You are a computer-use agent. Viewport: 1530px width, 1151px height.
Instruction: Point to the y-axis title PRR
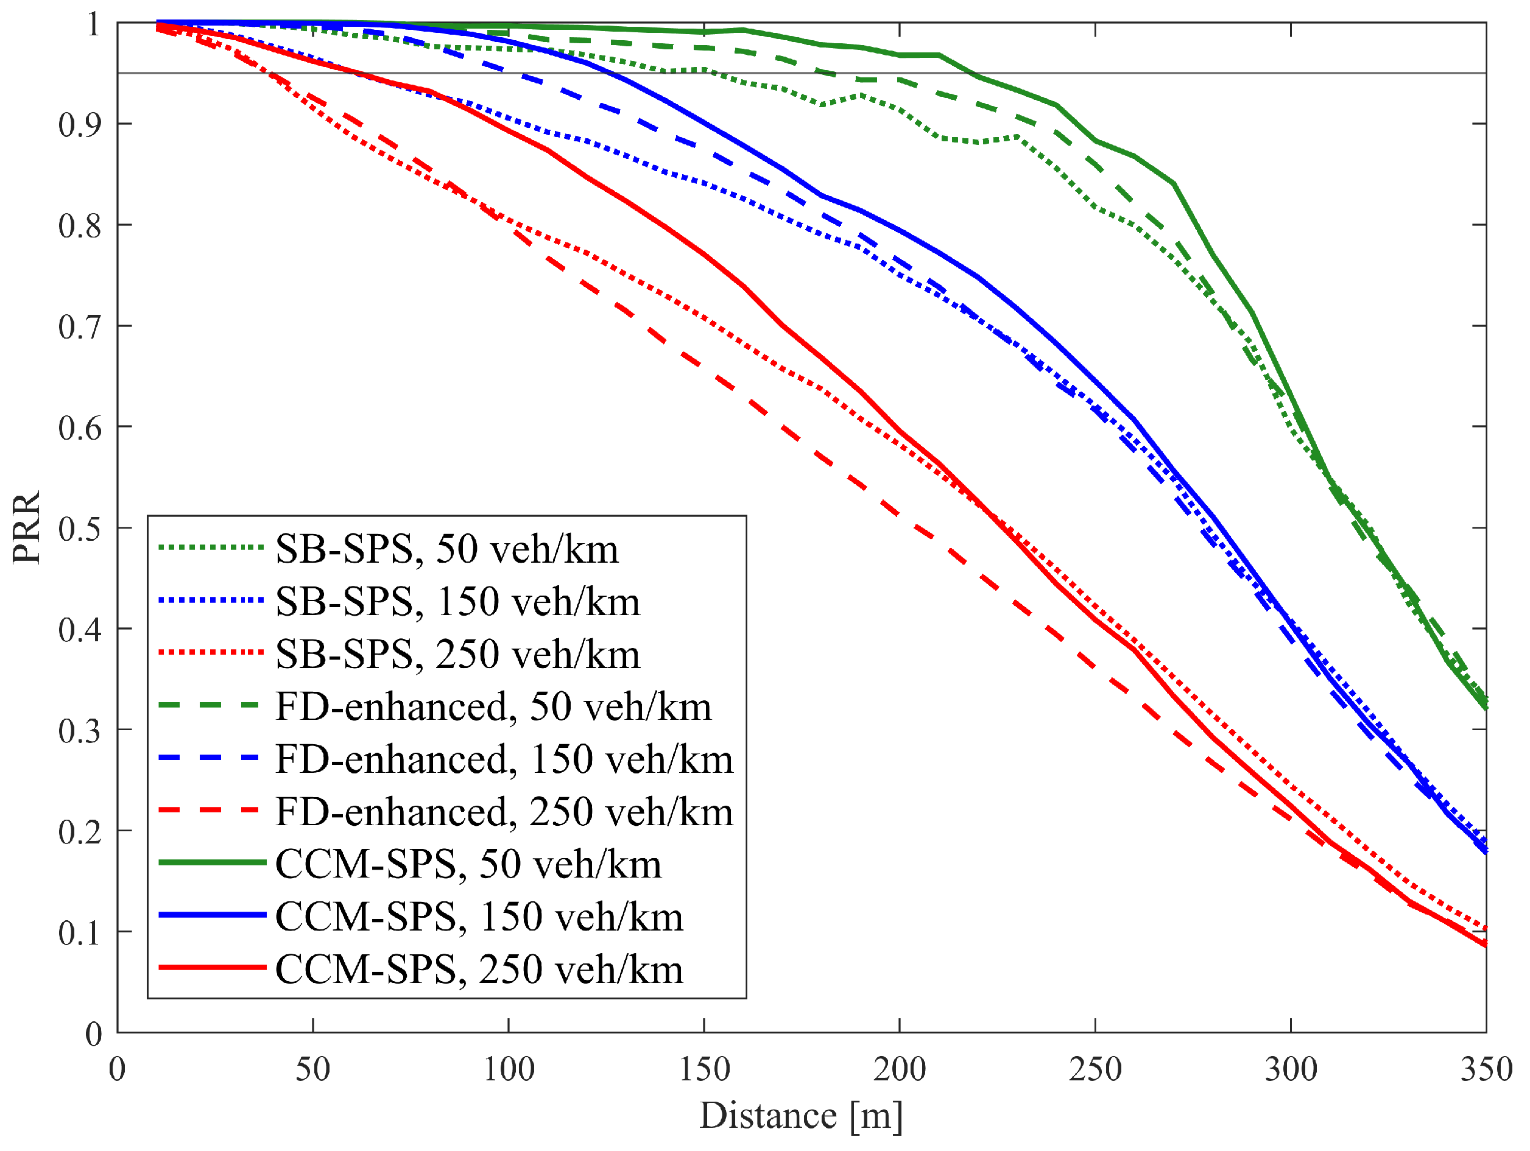pyautogui.click(x=26, y=528)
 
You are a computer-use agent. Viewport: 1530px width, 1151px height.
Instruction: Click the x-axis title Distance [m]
pyautogui.click(x=801, y=1116)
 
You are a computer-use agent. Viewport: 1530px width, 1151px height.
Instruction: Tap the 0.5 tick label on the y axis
pyautogui.click(x=80, y=529)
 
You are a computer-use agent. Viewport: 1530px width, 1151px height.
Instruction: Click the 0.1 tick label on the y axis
pyautogui.click(x=80, y=933)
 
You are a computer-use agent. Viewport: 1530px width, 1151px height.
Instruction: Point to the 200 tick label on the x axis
pyautogui.click(x=899, y=1070)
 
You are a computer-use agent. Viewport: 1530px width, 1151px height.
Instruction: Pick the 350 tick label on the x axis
pyautogui.click(x=1486, y=1070)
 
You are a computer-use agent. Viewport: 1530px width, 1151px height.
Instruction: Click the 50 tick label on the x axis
pyautogui.click(x=312, y=1070)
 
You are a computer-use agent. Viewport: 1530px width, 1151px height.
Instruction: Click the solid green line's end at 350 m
pyautogui.click(x=1484, y=706)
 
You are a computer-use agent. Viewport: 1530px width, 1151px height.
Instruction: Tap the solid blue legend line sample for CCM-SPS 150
pyautogui.click(x=213, y=915)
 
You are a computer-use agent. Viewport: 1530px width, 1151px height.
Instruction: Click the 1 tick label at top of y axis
pyautogui.click(x=93, y=25)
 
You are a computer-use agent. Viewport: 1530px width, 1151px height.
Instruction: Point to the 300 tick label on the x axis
pyautogui.click(x=1291, y=1070)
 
